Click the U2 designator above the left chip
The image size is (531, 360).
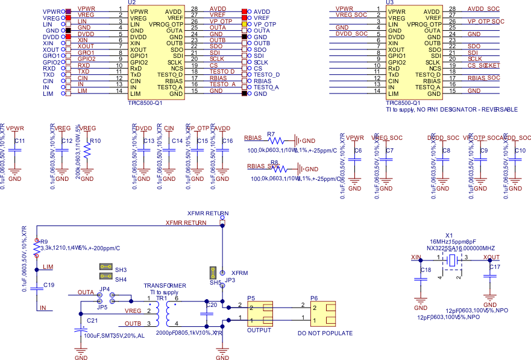[132, 4]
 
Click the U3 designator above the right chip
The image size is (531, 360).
[391, 4]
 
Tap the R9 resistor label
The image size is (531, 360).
[43, 241]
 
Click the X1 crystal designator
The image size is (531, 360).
[448, 235]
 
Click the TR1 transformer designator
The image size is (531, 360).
[162, 298]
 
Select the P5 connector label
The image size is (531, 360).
[251, 298]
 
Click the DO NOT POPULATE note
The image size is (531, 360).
[325, 333]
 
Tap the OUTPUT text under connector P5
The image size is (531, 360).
[260, 331]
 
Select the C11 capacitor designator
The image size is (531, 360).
[19, 141]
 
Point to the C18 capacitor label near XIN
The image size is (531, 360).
[426, 270]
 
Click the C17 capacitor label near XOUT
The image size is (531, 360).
[494, 266]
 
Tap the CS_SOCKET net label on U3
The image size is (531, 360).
[484, 65]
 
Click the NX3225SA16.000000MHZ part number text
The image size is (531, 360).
[461, 248]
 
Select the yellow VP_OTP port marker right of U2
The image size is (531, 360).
[244, 24]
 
